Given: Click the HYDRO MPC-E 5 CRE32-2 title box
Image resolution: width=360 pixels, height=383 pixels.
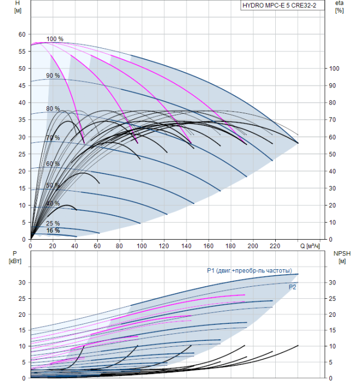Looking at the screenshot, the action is coord(282,5).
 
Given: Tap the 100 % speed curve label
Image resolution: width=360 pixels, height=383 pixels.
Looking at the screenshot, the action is coord(55,39).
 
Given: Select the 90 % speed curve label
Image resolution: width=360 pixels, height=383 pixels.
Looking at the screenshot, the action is coord(53,76).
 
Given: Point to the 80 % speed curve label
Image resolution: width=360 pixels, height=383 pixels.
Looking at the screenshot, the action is coord(53,108).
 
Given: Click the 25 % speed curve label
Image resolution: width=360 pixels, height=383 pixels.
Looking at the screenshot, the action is coord(53,223).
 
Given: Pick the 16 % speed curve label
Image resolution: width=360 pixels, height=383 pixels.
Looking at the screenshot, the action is coord(53,230).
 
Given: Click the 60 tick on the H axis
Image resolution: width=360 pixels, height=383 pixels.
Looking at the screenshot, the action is coord(22,34).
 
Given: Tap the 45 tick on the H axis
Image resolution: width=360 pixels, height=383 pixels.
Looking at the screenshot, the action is coord(22,85).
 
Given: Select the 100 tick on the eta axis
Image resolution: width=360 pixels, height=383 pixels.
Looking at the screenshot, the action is coord(334,68).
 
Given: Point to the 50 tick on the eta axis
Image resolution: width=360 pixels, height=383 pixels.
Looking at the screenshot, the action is coord(333,154).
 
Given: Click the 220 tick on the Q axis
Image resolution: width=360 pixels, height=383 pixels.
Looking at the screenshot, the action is coord(275,246).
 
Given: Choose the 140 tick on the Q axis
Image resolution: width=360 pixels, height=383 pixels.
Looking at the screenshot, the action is coord(186,246).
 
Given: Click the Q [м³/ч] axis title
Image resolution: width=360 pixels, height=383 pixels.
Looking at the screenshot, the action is coord(310,246).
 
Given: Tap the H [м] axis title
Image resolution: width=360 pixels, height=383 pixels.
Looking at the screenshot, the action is coord(18,7).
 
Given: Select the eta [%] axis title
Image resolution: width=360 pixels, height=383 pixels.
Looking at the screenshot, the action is coord(340,7).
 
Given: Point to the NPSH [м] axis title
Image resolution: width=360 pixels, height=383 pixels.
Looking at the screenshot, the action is coord(342,257).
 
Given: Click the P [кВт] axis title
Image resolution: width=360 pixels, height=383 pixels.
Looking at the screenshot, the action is coord(15,257).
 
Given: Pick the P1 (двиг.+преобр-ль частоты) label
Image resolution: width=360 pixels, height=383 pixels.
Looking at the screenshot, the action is coord(249,271).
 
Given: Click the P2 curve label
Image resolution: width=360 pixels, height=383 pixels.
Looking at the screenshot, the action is coord(292,287).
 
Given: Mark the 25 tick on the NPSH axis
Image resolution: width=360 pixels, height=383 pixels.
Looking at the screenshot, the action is coord(333,299).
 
